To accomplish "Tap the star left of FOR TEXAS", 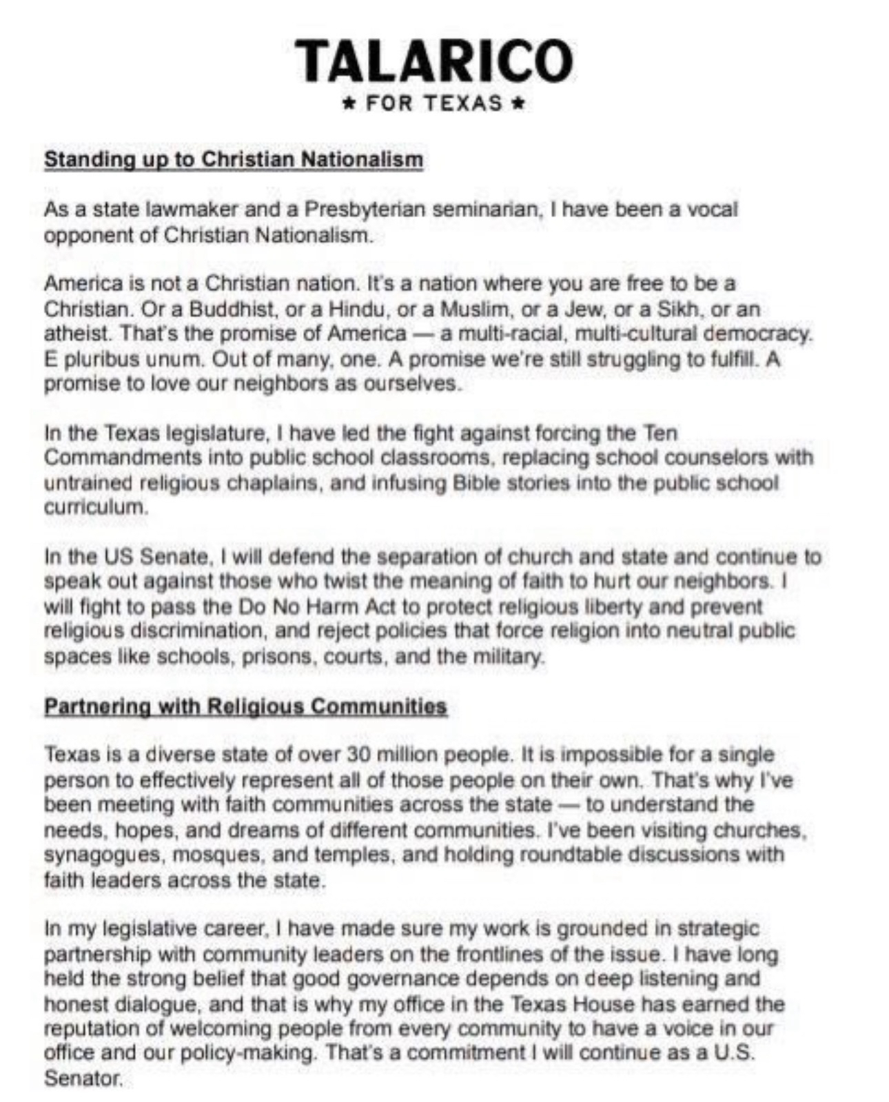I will pyautogui.click(x=350, y=105).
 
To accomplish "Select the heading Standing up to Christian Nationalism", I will pyautogui.click(x=233, y=159).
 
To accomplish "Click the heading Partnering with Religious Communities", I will pyautogui.click(x=245, y=706).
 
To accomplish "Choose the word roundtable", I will pyautogui.click(x=594, y=855).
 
